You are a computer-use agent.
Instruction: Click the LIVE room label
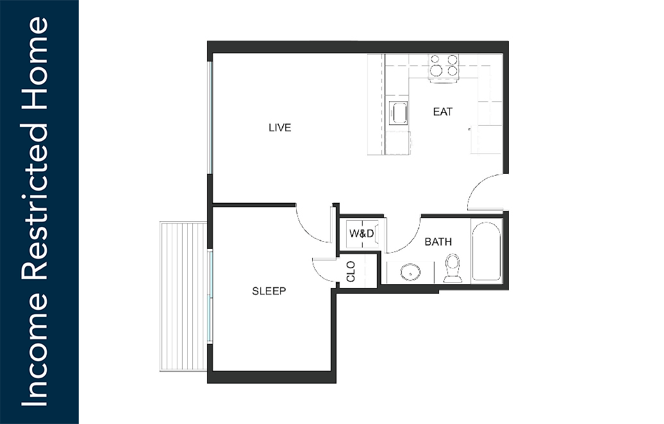(x=279, y=128)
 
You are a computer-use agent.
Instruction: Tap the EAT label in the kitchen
(x=442, y=112)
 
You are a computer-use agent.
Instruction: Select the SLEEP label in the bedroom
(x=269, y=291)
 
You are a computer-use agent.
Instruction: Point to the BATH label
(x=438, y=242)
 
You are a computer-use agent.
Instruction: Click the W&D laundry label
(x=361, y=233)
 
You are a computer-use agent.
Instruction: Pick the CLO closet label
(x=351, y=271)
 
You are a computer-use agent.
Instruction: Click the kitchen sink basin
(x=399, y=114)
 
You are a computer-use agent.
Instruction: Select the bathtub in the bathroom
(x=486, y=251)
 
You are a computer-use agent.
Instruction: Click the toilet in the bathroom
(x=452, y=268)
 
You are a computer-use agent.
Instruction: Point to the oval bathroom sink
(x=410, y=272)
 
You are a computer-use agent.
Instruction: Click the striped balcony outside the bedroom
(x=183, y=296)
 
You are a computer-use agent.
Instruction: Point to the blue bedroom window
(x=209, y=296)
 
